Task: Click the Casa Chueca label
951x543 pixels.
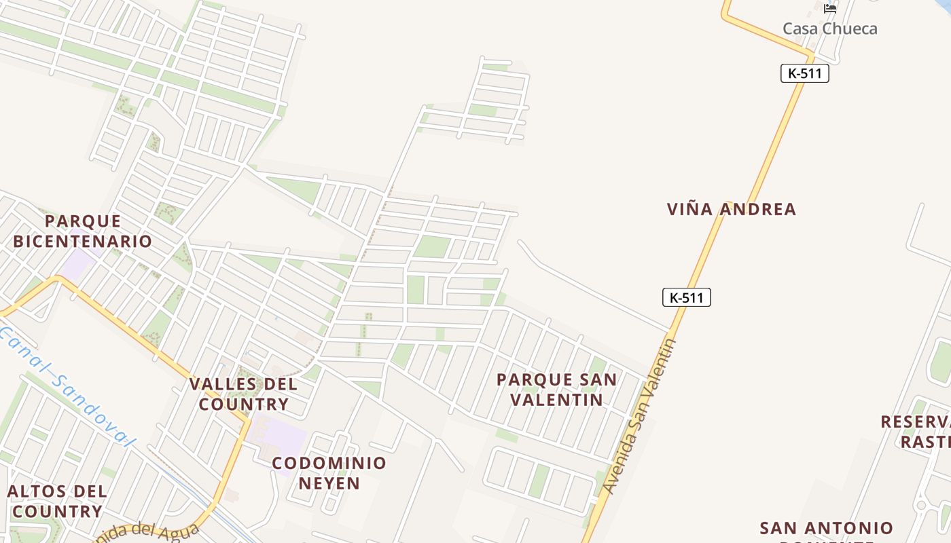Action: [x=829, y=29]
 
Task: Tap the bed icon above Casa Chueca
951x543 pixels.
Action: [x=829, y=9]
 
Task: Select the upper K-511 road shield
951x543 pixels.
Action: [x=804, y=73]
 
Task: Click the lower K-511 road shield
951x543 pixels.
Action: [x=686, y=297]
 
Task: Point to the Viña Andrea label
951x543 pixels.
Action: [x=731, y=209]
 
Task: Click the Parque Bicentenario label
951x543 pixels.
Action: [x=82, y=231]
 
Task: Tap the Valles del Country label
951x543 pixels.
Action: [x=243, y=394]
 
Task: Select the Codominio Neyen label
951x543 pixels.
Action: [x=329, y=473]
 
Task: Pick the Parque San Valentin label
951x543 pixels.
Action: [x=556, y=390]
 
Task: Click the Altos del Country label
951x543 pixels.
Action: [x=57, y=501]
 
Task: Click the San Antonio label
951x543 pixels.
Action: [x=826, y=529]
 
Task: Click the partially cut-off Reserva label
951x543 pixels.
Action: [x=916, y=431]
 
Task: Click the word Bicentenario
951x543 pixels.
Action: [x=82, y=241]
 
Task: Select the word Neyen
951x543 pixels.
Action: [x=329, y=483]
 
